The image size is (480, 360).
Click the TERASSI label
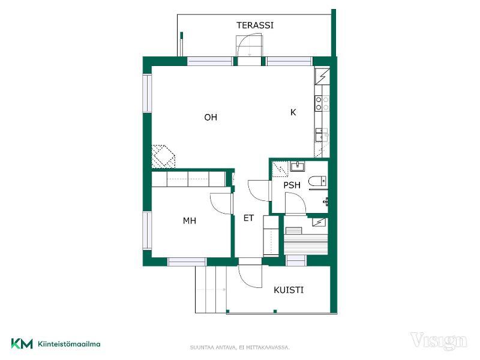pos(255,25)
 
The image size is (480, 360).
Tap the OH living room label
pos(211,117)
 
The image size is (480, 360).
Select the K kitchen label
pos(293,112)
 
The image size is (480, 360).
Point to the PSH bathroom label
pos(292,185)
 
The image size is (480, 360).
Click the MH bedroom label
pos(190,221)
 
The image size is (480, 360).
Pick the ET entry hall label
pos(248,218)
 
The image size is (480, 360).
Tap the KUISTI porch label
pos(289,290)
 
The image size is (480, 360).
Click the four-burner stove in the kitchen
pos(322,103)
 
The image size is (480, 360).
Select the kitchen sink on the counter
pos(322,134)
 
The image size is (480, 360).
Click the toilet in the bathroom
pos(317,181)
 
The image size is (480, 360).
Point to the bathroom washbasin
pos(297,167)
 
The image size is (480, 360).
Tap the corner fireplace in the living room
pos(163,156)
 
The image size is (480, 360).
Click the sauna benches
pos(306,244)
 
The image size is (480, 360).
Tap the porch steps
pos(211,289)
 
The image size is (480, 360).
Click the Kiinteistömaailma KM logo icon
pos(22,343)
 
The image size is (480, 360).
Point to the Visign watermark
pos(439,341)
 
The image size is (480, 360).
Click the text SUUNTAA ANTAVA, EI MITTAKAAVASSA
pos(239,347)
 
